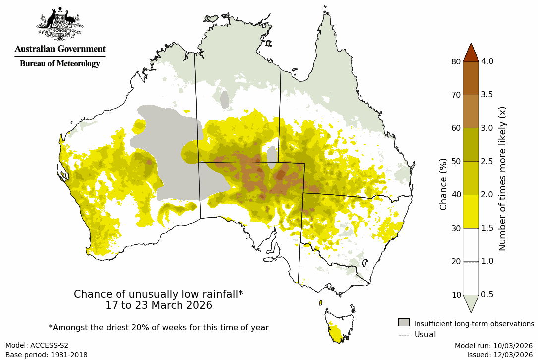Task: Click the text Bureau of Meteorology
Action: (60, 64)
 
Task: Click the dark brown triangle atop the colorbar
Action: (471, 52)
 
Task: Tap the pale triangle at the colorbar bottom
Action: (471, 302)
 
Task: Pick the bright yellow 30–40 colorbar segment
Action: (471, 211)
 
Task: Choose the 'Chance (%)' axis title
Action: (443, 184)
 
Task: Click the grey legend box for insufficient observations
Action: (404, 322)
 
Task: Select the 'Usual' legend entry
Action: (425, 335)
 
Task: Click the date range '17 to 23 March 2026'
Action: (159, 305)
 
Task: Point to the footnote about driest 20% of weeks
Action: (159, 328)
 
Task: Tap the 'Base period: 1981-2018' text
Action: (46, 355)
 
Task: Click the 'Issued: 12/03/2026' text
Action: (499, 355)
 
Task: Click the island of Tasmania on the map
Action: (338, 325)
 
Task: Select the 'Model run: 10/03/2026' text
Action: (493, 345)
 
